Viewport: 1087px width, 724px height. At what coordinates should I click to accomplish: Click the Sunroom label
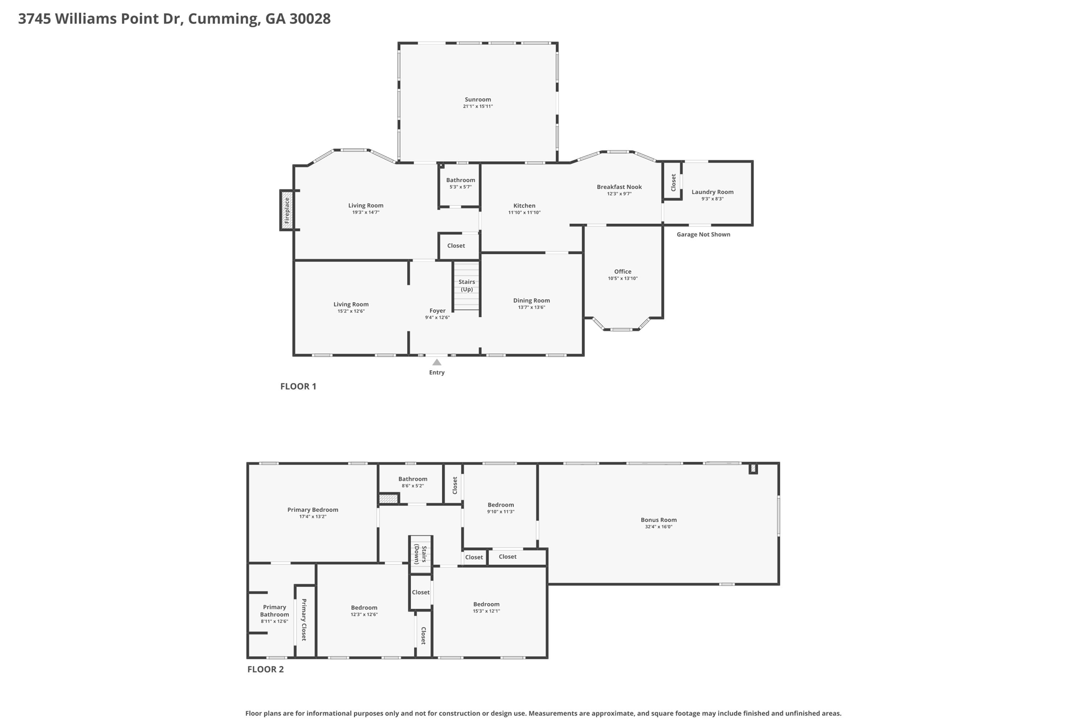pos(478,99)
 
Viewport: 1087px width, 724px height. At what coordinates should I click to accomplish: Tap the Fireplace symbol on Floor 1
pos(287,210)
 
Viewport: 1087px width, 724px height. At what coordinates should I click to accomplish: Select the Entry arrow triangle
pos(436,362)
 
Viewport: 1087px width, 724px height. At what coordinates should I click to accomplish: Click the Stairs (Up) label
pos(467,285)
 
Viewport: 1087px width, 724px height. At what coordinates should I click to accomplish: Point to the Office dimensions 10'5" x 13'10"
pos(623,278)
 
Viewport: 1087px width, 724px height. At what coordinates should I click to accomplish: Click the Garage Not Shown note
pos(703,234)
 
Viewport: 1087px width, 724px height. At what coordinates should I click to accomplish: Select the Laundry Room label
pos(712,192)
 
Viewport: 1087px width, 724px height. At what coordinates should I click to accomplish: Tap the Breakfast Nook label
pos(619,187)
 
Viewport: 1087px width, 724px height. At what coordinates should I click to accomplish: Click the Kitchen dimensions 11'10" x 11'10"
pos(524,213)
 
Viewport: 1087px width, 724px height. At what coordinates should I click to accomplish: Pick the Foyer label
pos(437,311)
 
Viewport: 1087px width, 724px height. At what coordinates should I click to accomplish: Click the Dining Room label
pos(531,300)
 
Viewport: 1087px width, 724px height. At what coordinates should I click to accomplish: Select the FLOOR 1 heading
pos(298,386)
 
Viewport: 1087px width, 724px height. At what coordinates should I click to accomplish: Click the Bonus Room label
pos(658,520)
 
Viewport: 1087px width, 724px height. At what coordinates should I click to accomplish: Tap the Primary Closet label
pos(304,620)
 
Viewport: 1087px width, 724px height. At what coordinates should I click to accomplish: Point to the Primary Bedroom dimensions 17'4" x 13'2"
pos(313,517)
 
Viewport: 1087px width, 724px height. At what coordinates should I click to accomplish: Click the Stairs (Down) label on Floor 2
pos(420,554)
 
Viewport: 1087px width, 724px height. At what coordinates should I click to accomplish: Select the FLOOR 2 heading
pos(265,669)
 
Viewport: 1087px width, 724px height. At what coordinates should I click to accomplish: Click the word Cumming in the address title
pos(223,19)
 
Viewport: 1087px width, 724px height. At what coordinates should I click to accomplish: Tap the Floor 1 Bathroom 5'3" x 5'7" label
pos(460,180)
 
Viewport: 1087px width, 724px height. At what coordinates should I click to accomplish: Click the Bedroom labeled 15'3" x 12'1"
pos(486,604)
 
